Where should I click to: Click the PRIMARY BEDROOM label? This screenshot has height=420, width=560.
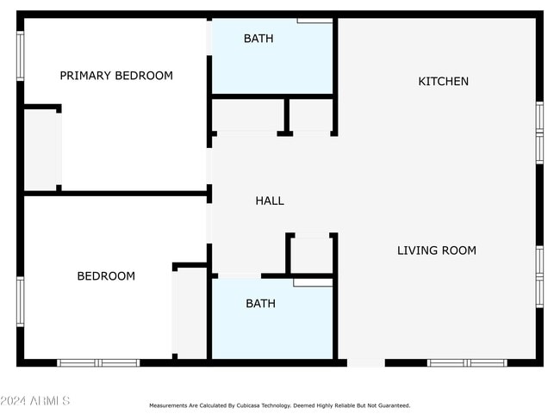[x=116, y=76]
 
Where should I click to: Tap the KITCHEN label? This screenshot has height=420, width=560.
[x=443, y=82]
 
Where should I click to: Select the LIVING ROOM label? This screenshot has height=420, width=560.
[x=437, y=250]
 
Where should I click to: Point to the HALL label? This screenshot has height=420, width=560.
[x=270, y=201]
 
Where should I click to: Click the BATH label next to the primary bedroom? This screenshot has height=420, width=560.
[x=258, y=39]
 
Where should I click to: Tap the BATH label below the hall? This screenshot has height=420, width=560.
[x=261, y=304]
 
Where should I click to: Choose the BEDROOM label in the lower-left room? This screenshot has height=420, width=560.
[x=106, y=276]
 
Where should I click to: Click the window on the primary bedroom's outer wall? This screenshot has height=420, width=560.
[x=21, y=56]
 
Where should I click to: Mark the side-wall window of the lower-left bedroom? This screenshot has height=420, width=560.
[x=21, y=301]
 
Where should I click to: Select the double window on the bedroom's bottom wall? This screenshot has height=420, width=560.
[x=98, y=363]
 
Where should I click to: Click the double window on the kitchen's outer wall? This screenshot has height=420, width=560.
[x=539, y=133]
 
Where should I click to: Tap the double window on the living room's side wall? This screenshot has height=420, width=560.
[x=539, y=276]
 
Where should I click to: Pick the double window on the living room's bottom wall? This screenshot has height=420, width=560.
[x=467, y=363]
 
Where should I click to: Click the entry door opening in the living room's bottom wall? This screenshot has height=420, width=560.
[x=366, y=363]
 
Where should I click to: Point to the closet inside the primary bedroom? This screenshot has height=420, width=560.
[x=40, y=150]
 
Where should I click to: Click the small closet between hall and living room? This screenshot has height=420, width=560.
[x=311, y=255]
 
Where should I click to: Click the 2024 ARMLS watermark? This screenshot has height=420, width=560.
[x=35, y=401]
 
